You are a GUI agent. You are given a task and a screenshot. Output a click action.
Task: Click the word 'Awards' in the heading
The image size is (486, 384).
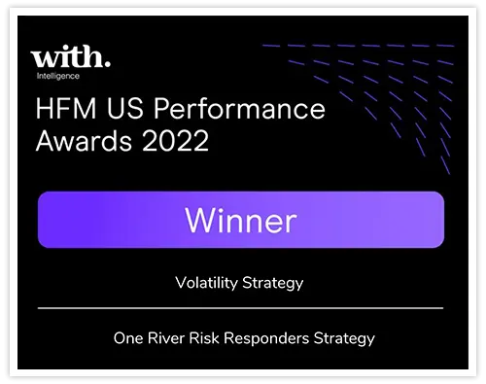77,142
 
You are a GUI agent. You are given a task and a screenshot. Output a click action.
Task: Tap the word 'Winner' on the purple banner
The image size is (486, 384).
240,221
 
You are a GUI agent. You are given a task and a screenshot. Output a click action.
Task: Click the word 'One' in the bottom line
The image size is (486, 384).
127,338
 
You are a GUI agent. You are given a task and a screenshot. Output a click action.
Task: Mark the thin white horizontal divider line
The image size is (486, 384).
240,308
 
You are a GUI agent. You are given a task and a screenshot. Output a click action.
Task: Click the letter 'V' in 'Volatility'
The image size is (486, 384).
180,283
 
